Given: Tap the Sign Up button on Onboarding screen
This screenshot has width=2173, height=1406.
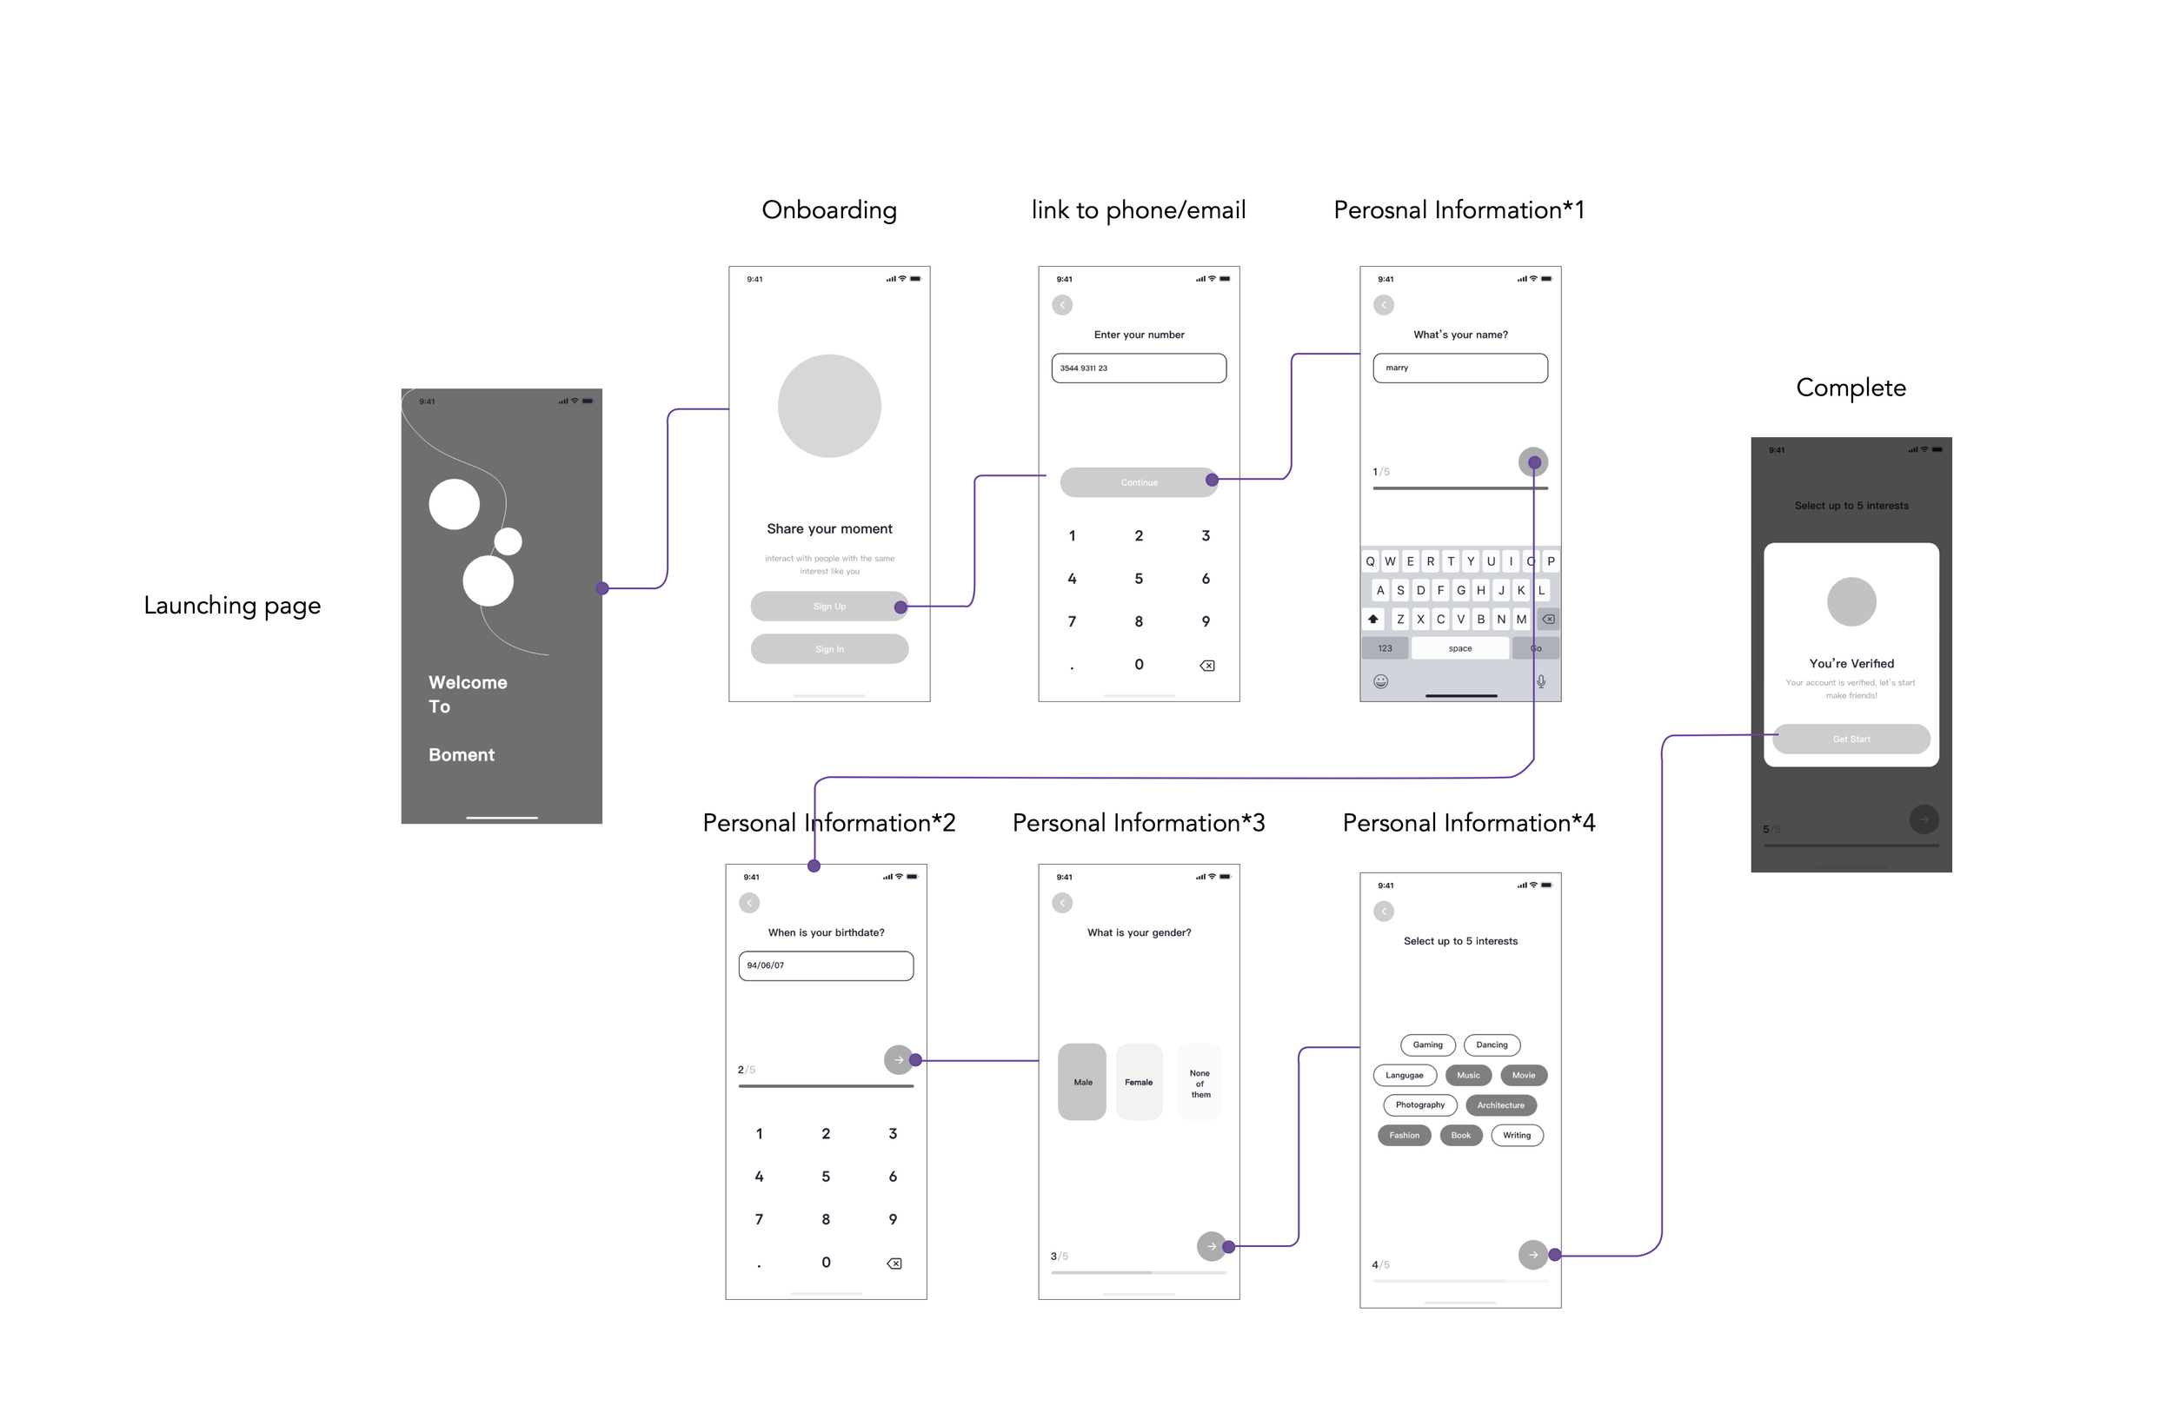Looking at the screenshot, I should [x=828, y=607].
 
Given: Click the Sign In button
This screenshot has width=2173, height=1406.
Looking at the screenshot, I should [x=829, y=649].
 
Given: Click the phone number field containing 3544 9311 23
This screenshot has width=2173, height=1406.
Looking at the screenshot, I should [x=1139, y=368].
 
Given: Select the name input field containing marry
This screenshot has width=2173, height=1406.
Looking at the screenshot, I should [x=1460, y=368].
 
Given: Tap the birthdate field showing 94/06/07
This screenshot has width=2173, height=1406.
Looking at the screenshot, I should [x=826, y=966].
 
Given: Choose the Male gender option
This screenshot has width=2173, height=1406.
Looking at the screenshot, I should [x=1082, y=1082].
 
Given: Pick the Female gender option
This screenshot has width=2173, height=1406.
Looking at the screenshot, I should [x=1139, y=1082].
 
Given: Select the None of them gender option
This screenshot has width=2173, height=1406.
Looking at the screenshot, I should [x=1199, y=1084].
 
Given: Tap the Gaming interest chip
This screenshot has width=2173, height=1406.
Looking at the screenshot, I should [x=1427, y=1045].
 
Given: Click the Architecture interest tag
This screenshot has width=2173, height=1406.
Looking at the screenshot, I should [x=1500, y=1105].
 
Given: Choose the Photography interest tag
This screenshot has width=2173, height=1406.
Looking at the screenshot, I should [x=1419, y=1105].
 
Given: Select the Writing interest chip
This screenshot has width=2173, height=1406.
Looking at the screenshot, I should [x=1517, y=1136].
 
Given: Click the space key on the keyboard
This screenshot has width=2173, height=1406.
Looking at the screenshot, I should [x=1460, y=648].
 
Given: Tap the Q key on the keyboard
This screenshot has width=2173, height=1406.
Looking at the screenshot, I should [x=1370, y=561].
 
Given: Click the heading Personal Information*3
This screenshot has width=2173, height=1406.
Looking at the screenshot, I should [x=1139, y=823].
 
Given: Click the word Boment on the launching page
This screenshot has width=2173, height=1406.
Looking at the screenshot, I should [x=461, y=755].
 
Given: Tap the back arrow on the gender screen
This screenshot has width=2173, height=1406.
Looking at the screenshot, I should [x=1062, y=903].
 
